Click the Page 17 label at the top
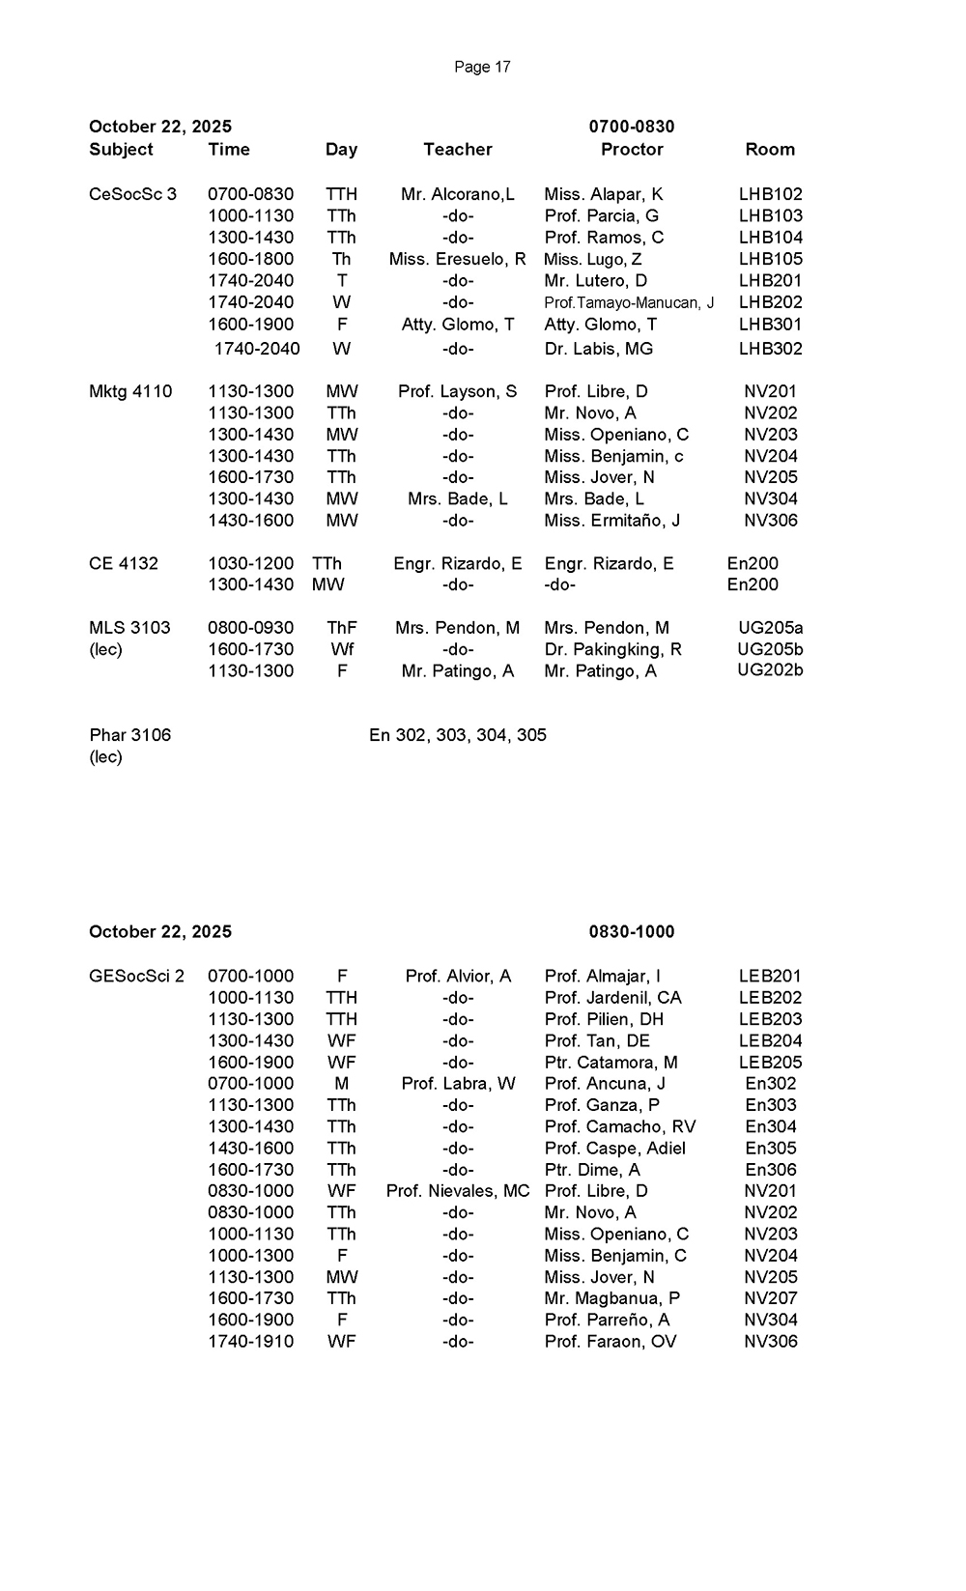[482, 67]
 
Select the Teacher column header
[458, 150]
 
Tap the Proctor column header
[632, 150]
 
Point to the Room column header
[770, 150]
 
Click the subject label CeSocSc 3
[133, 194]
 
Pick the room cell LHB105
[770, 259]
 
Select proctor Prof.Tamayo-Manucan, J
[629, 302]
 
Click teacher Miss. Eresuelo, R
[458, 259]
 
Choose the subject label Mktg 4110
[130, 391]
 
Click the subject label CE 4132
[124, 563]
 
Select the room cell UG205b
[770, 649]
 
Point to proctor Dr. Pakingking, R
[613, 649]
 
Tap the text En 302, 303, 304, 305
[458, 735]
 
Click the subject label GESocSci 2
[136, 976]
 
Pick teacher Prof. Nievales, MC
[458, 1191]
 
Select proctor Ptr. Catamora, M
[611, 1063]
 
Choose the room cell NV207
[770, 1298]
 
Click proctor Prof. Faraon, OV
[611, 1342]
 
